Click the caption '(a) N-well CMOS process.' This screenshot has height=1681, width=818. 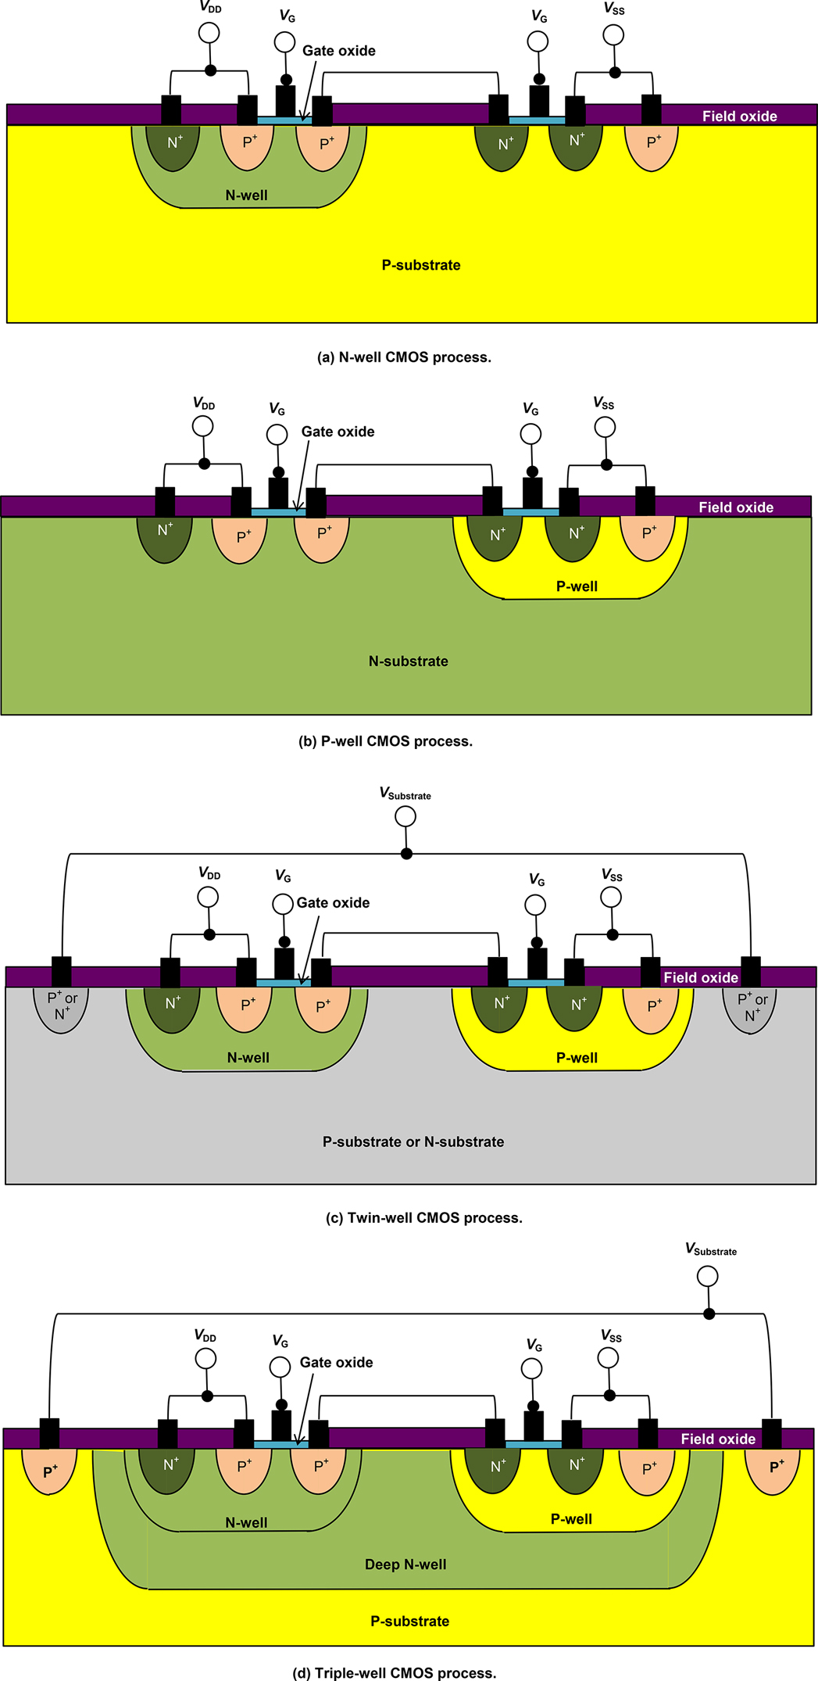click(404, 357)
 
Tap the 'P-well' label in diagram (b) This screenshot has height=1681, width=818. click(577, 586)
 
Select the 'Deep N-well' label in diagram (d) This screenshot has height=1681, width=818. click(405, 1565)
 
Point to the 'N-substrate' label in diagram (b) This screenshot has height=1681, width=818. click(408, 661)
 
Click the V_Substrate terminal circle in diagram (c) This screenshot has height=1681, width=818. click(405, 817)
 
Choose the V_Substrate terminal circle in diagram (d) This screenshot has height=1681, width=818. click(707, 1277)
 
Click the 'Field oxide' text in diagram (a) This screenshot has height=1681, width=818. click(739, 116)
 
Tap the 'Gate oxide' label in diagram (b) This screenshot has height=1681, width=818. click(338, 432)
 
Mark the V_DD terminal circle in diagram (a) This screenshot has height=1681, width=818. click(209, 33)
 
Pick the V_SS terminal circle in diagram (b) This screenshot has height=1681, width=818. click(605, 427)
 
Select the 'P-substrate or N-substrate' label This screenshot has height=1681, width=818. click(413, 1142)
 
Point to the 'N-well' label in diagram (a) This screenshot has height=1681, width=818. click(246, 195)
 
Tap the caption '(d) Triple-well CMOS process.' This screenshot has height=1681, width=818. click(394, 1673)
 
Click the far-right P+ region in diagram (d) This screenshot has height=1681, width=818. click(773, 1469)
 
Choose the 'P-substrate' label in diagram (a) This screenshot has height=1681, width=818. click(420, 265)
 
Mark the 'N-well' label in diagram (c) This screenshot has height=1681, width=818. click(248, 1058)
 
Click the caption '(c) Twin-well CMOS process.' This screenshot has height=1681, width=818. click(423, 1218)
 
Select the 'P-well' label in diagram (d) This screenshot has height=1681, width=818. click(571, 1519)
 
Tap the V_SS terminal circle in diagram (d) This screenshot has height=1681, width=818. click(608, 1358)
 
